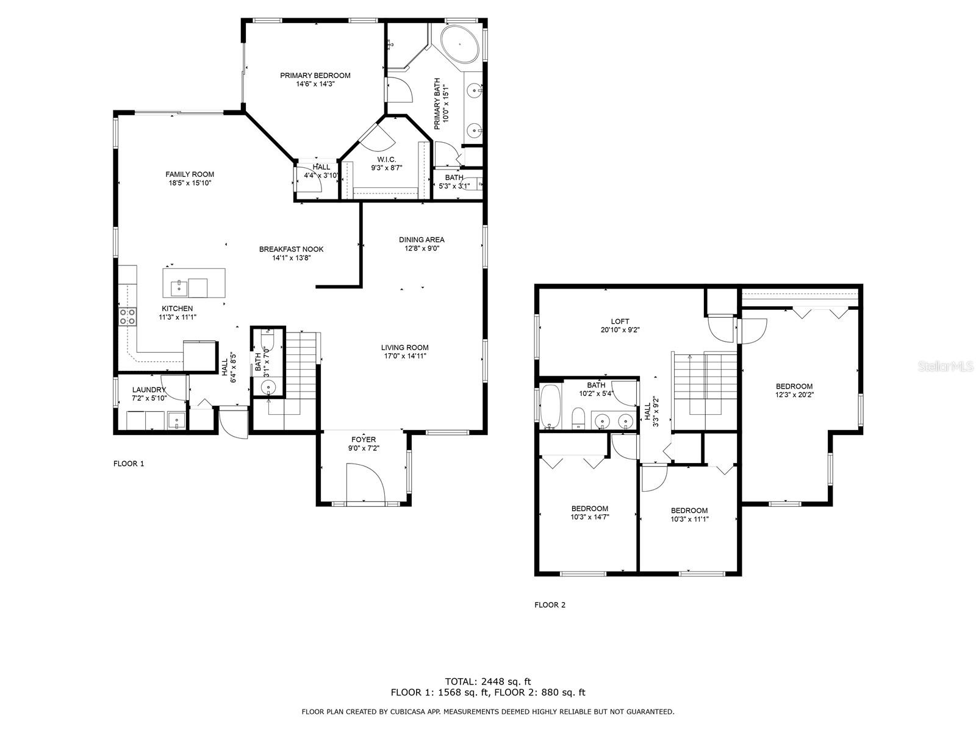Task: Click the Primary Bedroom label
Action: click(315, 76)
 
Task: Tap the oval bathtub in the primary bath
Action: click(460, 45)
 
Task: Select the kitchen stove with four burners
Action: click(127, 317)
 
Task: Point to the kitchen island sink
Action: click(179, 287)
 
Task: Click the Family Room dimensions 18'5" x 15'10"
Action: click(190, 182)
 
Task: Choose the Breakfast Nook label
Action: click(291, 249)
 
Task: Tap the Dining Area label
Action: click(422, 240)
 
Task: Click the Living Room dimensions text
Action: click(404, 356)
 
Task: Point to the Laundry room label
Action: click(149, 390)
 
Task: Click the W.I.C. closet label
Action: click(386, 160)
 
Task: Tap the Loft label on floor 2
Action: click(620, 321)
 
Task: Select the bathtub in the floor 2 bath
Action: click(551, 407)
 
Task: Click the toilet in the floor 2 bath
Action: click(578, 418)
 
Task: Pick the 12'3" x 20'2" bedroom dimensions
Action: click(795, 395)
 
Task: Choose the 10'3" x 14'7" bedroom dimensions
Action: click(590, 517)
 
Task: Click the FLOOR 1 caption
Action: click(129, 464)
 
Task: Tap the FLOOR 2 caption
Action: click(550, 605)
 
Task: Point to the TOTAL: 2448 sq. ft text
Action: click(488, 681)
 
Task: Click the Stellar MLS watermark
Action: click(945, 367)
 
